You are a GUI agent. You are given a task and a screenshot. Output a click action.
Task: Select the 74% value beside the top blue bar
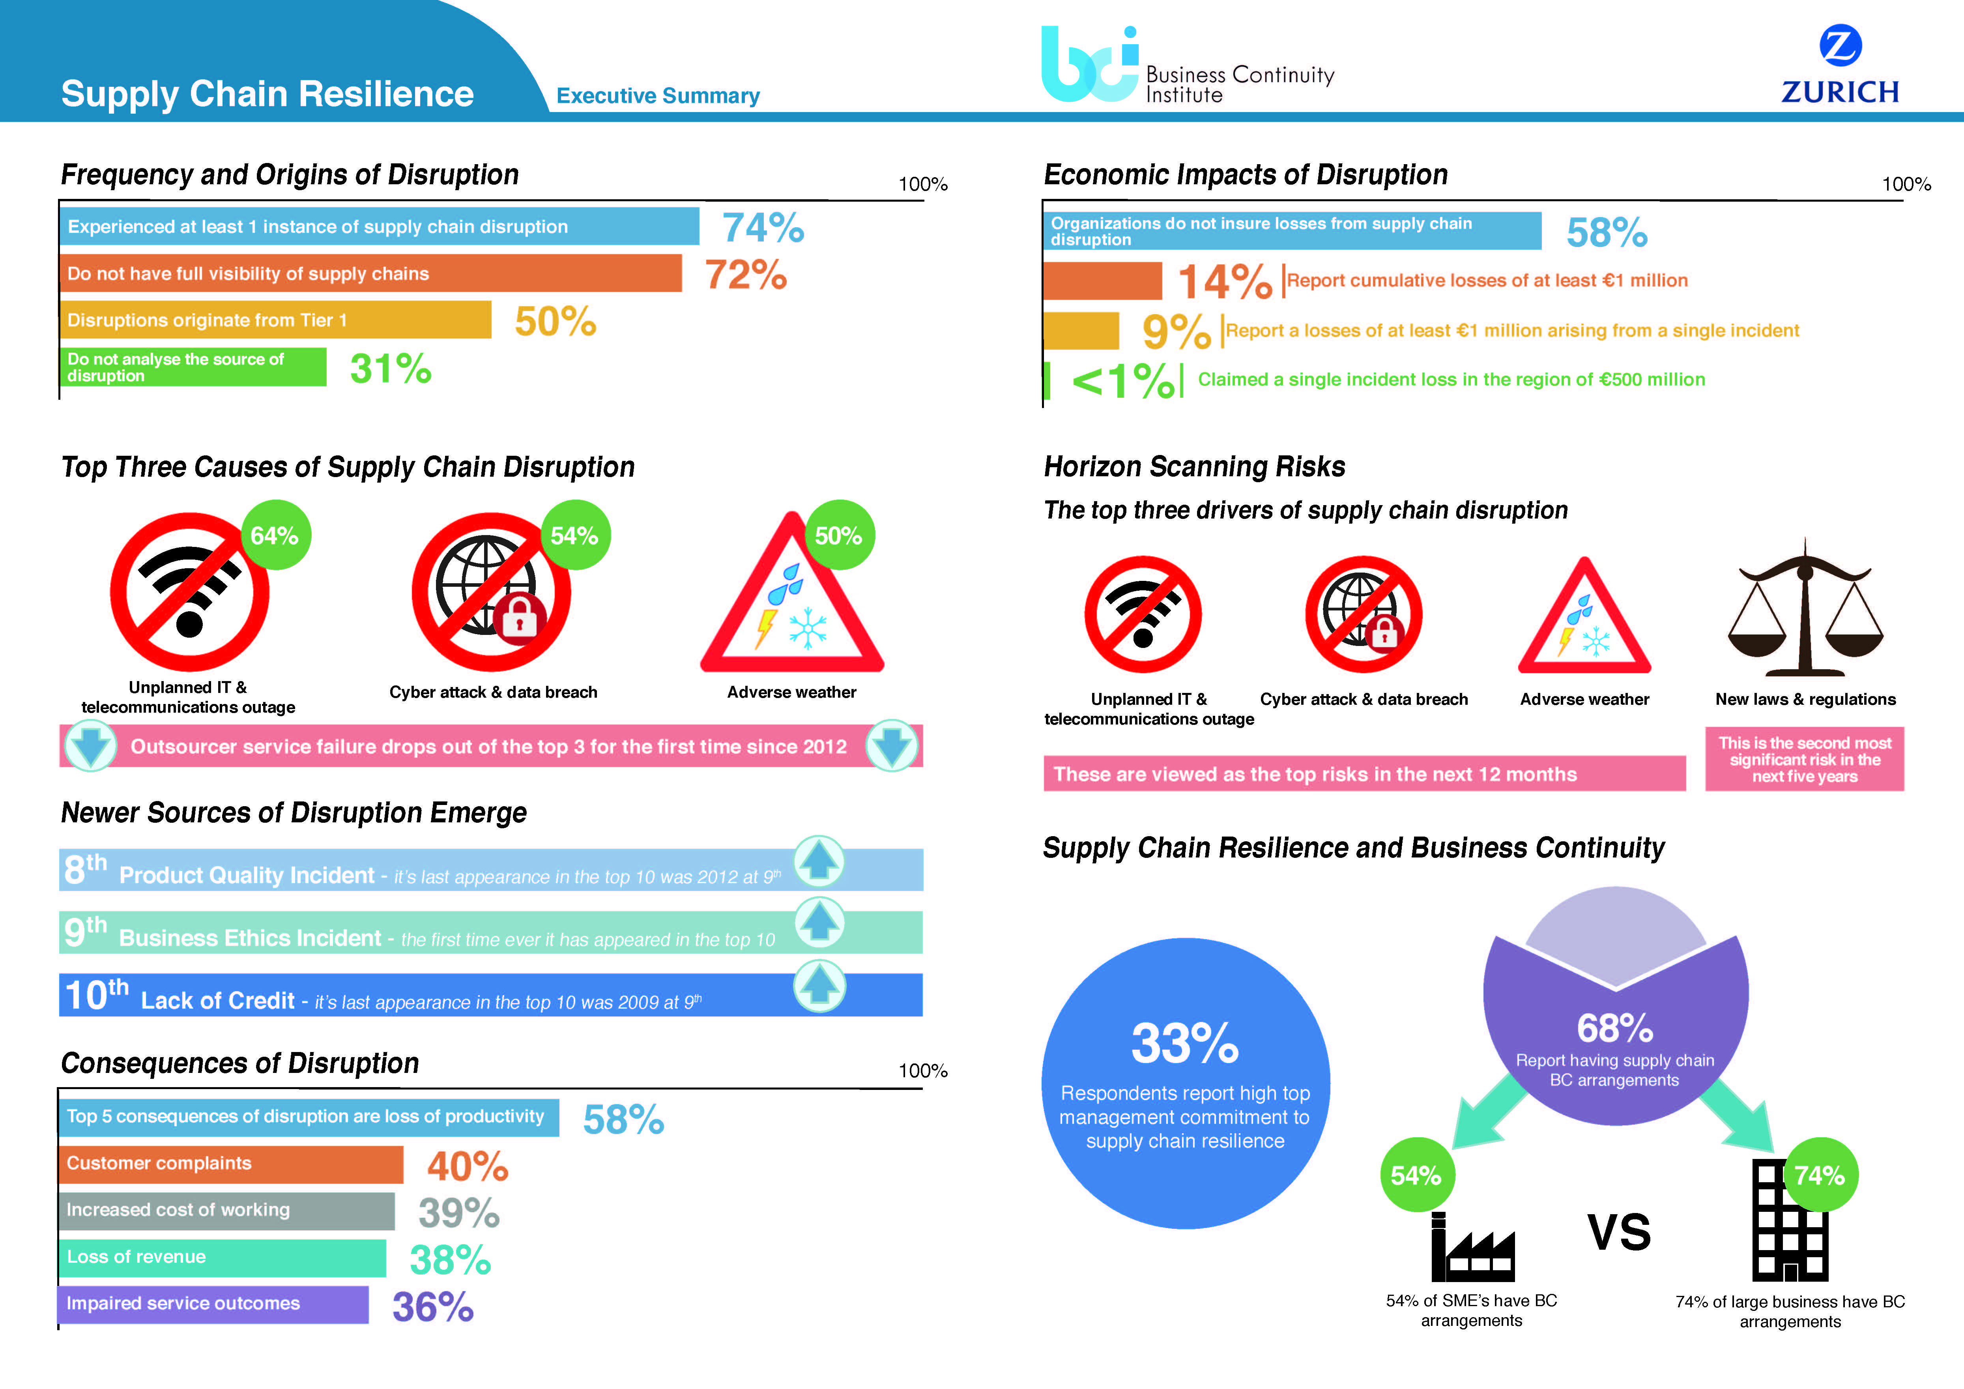(x=763, y=228)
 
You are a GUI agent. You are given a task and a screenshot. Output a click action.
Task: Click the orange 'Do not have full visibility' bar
(x=370, y=274)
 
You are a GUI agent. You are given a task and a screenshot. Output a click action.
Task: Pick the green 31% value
(x=390, y=369)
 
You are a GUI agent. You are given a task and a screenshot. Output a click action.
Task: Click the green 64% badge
(x=275, y=535)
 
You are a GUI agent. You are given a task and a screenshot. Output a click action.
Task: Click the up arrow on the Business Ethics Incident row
(x=819, y=924)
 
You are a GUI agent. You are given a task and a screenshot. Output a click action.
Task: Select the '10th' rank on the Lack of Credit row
(x=96, y=995)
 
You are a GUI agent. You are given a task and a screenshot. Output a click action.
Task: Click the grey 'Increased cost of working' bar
(x=227, y=1210)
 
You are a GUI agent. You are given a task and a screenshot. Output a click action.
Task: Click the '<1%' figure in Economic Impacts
(x=1123, y=380)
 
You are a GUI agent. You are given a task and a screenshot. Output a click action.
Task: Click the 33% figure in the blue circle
(x=1185, y=1043)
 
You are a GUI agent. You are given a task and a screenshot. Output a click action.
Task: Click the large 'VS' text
(x=1618, y=1232)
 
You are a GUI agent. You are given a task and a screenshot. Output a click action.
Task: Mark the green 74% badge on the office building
(x=1820, y=1175)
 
